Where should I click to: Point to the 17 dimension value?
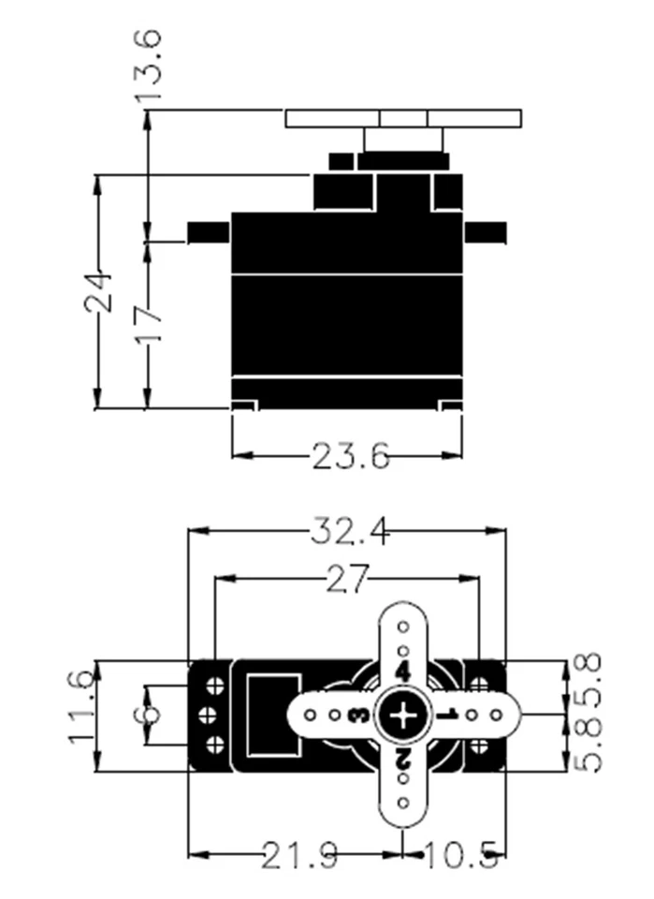(x=149, y=324)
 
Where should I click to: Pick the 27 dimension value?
(x=348, y=579)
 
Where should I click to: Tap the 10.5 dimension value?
(x=461, y=854)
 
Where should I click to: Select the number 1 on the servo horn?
(x=447, y=716)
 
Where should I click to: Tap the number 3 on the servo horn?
(x=357, y=716)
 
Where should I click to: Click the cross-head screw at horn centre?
(x=403, y=716)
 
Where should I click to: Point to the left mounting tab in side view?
(x=208, y=230)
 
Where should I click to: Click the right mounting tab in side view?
(x=485, y=230)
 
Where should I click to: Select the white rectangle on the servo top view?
(x=274, y=715)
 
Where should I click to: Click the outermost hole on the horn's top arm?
(x=403, y=626)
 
